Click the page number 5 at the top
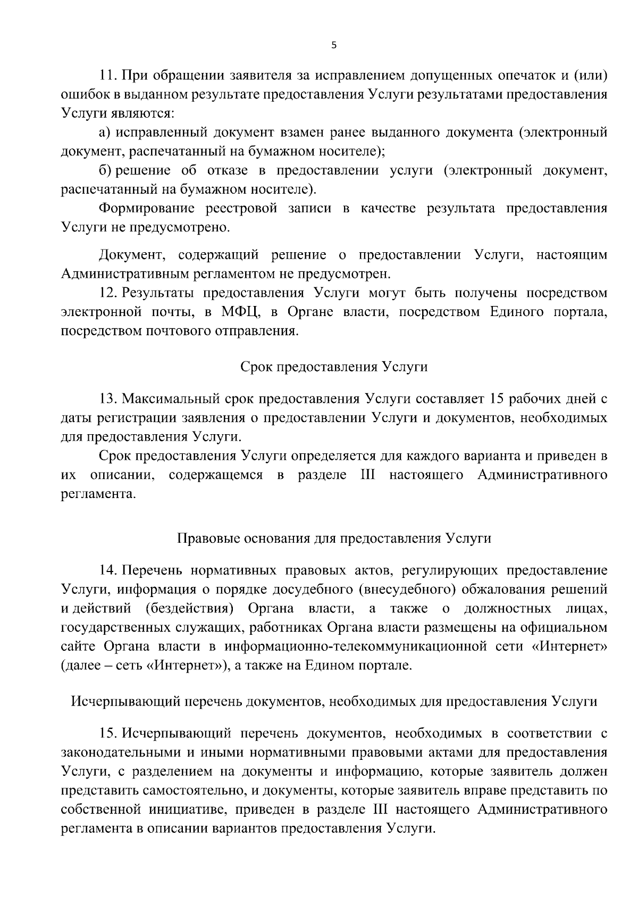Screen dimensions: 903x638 tap(334, 46)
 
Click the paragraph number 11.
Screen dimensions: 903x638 tap(108, 75)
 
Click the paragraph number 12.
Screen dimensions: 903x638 tap(108, 293)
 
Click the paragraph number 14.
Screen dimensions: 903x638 tap(108, 571)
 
